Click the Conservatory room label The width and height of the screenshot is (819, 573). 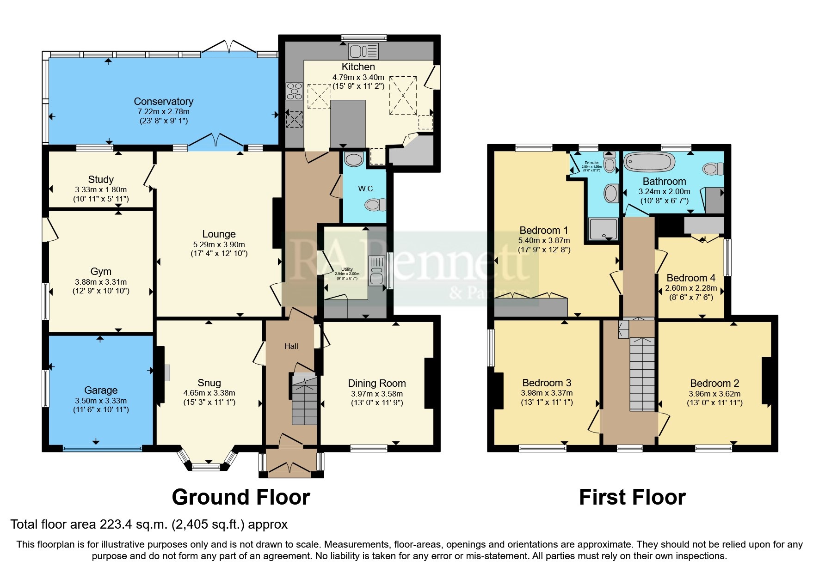(x=163, y=101)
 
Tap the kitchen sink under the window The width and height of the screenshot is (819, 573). (x=363, y=51)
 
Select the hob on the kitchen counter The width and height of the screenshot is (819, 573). (x=294, y=91)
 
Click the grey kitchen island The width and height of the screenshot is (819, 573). (x=348, y=123)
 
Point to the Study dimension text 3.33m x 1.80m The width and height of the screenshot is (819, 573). (x=101, y=189)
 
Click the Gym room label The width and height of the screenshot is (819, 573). (x=101, y=271)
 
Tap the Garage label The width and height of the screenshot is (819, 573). (x=101, y=390)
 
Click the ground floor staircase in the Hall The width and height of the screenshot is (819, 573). (x=304, y=400)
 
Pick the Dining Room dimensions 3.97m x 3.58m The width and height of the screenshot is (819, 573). (x=377, y=394)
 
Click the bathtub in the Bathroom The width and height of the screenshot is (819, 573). (x=648, y=162)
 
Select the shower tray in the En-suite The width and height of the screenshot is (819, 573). (x=603, y=229)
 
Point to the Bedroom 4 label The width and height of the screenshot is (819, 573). (x=690, y=278)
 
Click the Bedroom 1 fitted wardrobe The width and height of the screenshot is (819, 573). (x=531, y=306)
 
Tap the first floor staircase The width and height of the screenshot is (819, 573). (x=642, y=374)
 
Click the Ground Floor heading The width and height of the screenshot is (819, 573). (x=240, y=497)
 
